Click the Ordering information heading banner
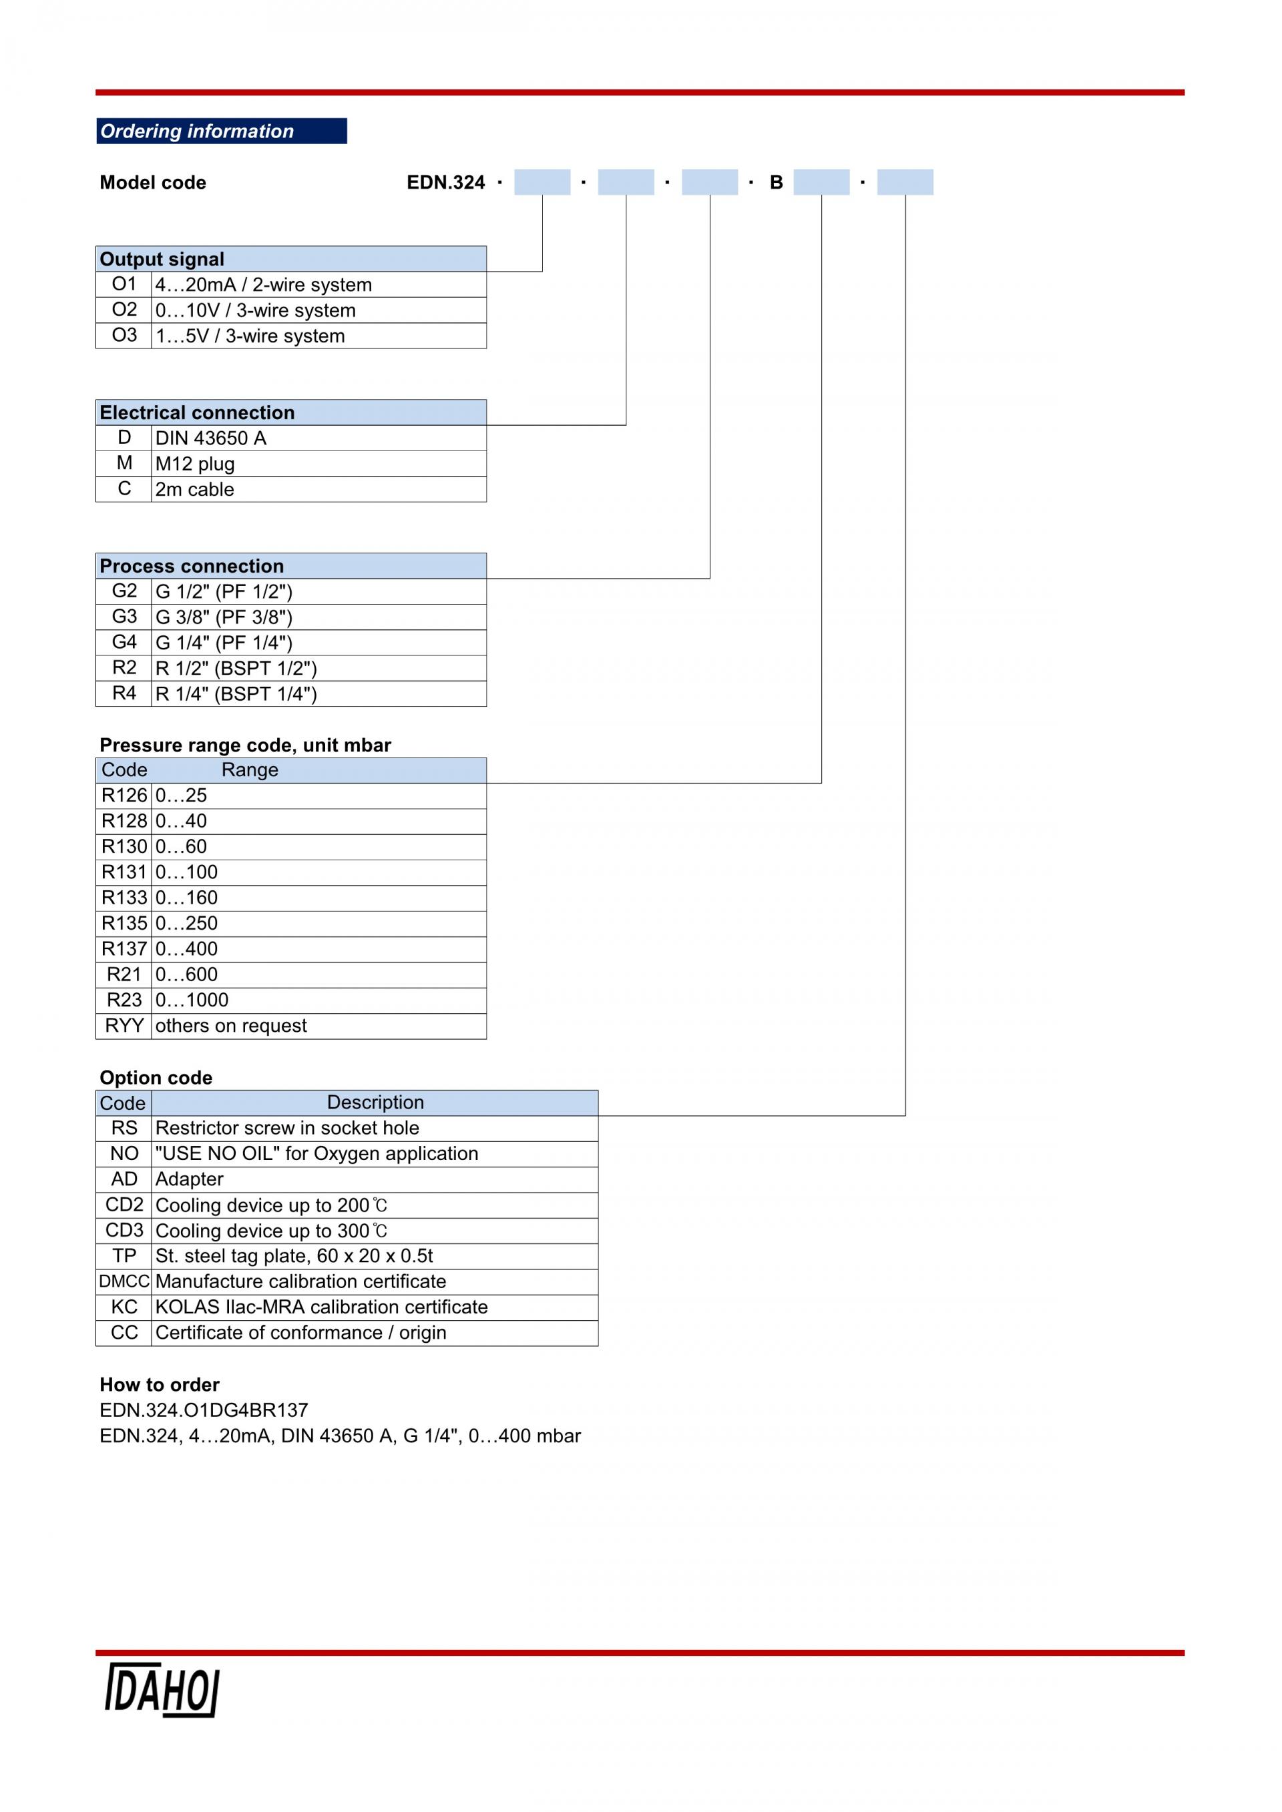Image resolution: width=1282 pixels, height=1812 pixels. click(221, 131)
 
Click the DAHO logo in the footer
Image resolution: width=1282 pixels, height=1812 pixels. click(161, 1691)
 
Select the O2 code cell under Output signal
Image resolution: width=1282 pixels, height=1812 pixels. click(124, 310)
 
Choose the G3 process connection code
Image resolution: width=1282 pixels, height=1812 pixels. click(124, 617)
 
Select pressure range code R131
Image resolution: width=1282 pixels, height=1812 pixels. click(124, 872)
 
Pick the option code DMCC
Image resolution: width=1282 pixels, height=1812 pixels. click(124, 1281)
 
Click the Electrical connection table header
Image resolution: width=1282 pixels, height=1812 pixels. click(290, 412)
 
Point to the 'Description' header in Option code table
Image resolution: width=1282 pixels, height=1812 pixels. click(375, 1103)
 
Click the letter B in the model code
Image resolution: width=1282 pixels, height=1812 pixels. click(776, 182)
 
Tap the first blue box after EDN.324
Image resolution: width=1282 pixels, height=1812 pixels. click(542, 182)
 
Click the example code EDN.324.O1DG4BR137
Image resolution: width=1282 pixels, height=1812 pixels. click(204, 1410)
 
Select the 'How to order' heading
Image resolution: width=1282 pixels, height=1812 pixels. click(160, 1384)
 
